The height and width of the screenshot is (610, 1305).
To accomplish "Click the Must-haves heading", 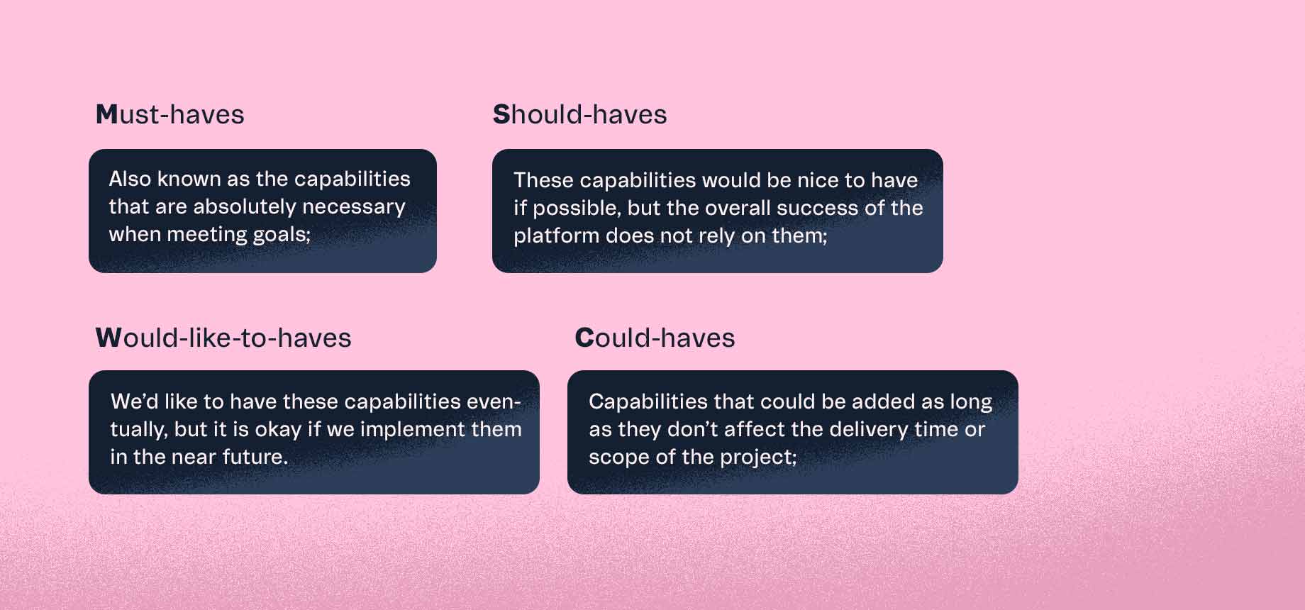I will pyautogui.click(x=170, y=115).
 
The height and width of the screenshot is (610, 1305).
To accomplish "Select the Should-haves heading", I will pyautogui.click(x=579, y=115).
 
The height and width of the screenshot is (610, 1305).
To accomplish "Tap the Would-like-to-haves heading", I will pyautogui.click(x=223, y=338).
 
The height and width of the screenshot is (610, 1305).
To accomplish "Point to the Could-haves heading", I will pyautogui.click(x=654, y=338).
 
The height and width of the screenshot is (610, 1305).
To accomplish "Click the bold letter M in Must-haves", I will pyautogui.click(x=106, y=115).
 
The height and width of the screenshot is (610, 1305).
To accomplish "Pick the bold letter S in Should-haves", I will pyautogui.click(x=501, y=115).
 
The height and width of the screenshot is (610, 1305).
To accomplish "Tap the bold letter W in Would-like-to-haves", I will pyautogui.click(x=109, y=338).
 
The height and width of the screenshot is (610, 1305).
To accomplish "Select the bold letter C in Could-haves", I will pyautogui.click(x=584, y=338).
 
